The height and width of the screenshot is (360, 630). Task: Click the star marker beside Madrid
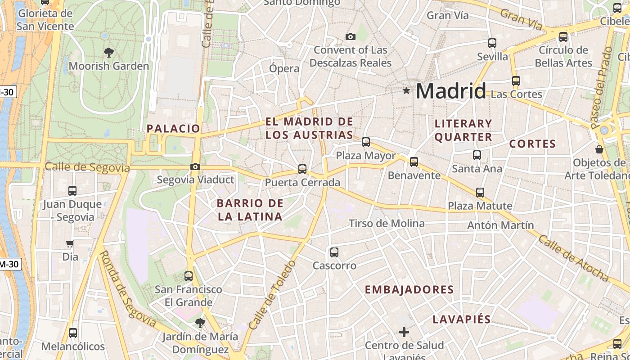tap(407, 91)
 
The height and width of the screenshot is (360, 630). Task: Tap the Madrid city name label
tap(450, 91)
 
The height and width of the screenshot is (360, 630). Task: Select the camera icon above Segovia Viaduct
tap(195, 167)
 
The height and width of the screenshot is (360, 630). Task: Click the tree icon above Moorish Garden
tap(108, 53)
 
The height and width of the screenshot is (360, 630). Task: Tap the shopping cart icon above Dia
tap(70, 244)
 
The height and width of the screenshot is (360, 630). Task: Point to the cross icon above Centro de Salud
tap(404, 333)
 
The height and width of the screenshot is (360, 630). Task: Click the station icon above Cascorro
tap(334, 252)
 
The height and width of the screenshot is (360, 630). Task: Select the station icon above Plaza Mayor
tap(366, 142)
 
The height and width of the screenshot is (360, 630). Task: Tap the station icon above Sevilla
tap(492, 43)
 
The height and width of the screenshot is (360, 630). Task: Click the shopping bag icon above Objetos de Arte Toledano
tap(599, 149)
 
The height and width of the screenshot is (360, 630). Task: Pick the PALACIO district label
tap(173, 129)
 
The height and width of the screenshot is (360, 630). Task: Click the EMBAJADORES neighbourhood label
tap(409, 290)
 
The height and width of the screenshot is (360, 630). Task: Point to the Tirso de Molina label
tap(387, 224)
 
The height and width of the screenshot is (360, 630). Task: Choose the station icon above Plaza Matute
tap(480, 193)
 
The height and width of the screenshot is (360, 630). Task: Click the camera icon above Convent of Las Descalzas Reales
tap(350, 36)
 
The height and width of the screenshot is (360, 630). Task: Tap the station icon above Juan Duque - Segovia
tap(72, 191)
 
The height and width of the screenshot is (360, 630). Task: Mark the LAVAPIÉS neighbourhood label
tap(461, 320)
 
